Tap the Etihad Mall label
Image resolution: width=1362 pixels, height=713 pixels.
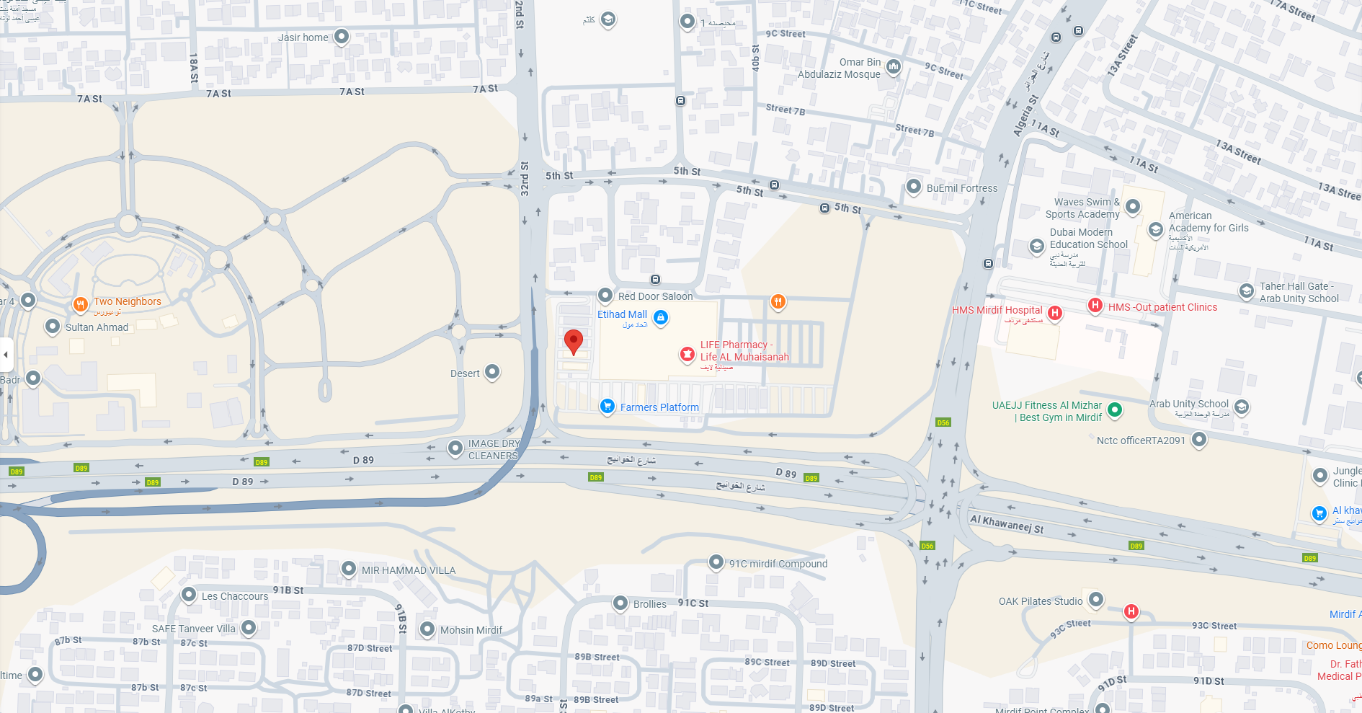pos(622,314)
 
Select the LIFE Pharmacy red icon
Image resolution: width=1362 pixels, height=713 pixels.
pos(687,354)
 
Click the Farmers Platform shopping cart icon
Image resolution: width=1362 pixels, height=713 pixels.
pos(607,407)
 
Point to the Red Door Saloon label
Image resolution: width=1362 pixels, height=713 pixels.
pos(655,296)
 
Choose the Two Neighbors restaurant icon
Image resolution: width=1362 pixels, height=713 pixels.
pos(81,304)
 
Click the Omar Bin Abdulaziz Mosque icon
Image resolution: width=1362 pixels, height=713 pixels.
pos(894,67)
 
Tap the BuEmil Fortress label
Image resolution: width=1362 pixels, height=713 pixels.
pos(962,188)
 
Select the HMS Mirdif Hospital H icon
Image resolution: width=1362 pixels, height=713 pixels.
pos(1055,313)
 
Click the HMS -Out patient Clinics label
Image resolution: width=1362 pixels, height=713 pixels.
pos(1162,307)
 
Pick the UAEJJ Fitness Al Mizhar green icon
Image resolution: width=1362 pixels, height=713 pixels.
pos(1115,410)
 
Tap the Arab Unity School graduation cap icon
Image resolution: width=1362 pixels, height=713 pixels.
pos(1242,407)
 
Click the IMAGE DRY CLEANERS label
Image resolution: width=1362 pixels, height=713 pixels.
pos(494,449)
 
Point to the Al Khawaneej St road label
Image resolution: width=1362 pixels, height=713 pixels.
pos(1007,523)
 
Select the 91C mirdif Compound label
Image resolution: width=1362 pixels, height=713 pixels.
pos(778,564)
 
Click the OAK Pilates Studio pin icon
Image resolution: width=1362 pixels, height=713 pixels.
pos(1096,599)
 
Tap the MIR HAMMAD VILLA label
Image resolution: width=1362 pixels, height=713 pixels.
pos(409,570)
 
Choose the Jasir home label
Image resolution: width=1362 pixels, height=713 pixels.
pos(303,37)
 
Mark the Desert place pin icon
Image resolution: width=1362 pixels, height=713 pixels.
pos(492,372)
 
